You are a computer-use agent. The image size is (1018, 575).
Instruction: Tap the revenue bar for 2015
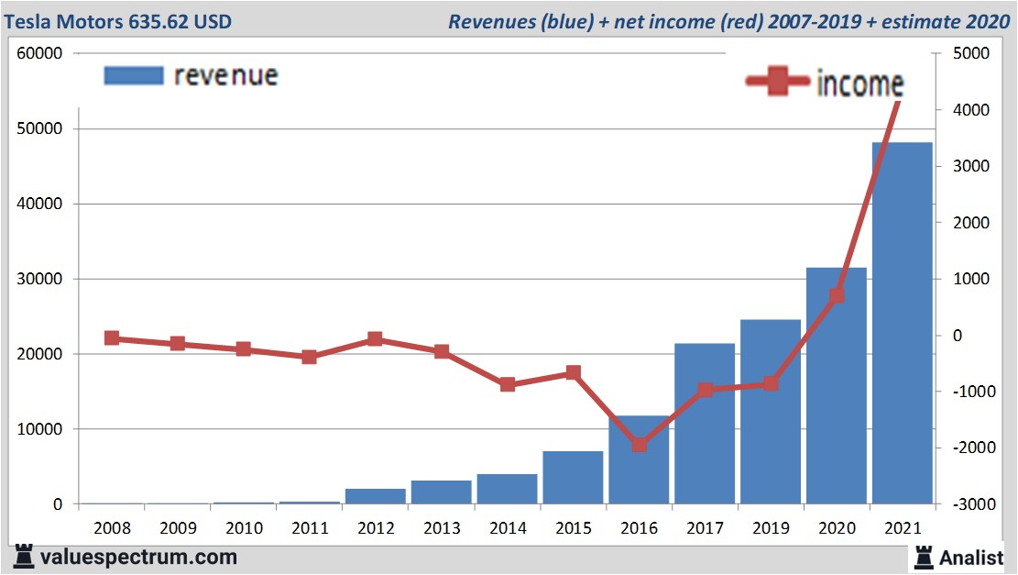point(573,478)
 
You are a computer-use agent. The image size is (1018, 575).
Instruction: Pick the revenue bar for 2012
point(375,496)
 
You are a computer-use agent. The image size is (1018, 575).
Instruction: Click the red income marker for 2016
point(640,445)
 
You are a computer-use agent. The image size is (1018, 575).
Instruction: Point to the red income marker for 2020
point(837,295)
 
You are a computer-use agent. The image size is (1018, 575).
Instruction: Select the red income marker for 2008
point(112,338)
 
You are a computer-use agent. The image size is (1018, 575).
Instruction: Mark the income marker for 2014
point(508,384)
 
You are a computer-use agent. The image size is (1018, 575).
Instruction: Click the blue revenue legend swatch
point(134,75)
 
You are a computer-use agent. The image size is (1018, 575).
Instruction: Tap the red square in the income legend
point(778,83)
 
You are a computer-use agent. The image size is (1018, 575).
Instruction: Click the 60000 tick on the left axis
point(39,53)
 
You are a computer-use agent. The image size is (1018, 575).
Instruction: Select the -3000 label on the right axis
point(969,504)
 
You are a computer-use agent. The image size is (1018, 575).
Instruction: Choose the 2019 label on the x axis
point(771,528)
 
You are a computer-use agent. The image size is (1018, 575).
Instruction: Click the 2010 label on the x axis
point(244,528)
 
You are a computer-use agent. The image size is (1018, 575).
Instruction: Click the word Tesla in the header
point(28,20)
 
